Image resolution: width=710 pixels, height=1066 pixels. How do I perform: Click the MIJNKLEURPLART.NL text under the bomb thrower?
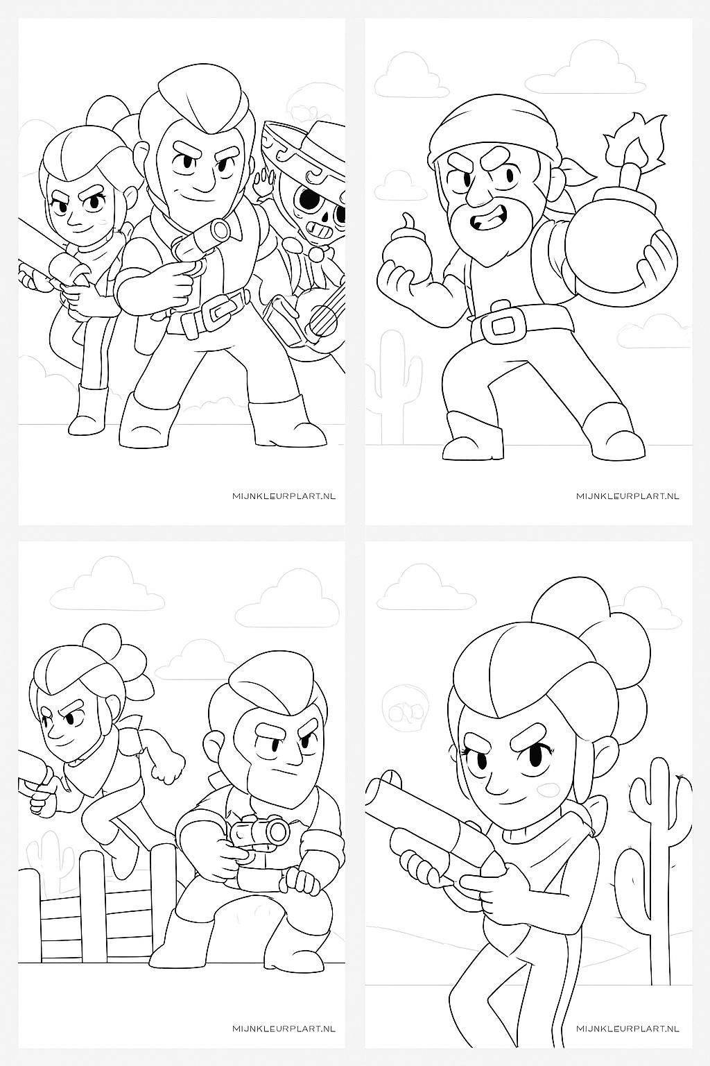coord(627,496)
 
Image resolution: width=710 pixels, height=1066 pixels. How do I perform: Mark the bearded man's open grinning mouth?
coord(487,222)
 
